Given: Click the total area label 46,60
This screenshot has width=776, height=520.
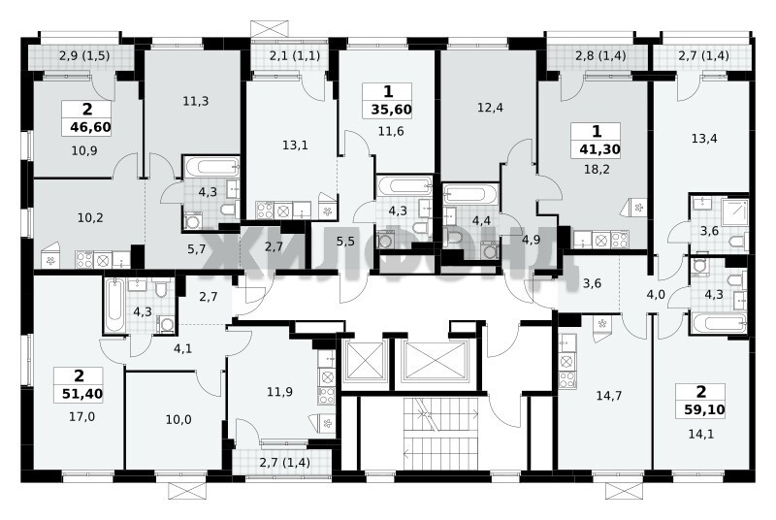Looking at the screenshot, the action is (x=90, y=127).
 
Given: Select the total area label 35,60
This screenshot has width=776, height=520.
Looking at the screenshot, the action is (x=392, y=110).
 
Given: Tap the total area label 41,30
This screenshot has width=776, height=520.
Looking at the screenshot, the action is (x=599, y=149).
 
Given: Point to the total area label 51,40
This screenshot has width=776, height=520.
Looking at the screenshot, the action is (x=82, y=394).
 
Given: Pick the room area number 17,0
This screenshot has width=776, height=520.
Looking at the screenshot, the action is (x=81, y=416).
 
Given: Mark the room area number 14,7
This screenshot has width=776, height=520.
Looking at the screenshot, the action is (x=609, y=395).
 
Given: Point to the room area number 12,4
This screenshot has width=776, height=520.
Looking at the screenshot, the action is (x=490, y=107).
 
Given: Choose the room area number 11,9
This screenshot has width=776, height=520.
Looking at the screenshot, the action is (x=279, y=392).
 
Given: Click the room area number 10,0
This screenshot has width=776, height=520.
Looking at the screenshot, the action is (x=178, y=419).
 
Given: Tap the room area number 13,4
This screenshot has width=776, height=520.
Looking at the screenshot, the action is (x=704, y=138).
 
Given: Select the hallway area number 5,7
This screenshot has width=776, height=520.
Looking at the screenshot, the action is (x=197, y=249).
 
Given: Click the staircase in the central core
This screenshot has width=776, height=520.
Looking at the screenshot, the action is (x=439, y=433).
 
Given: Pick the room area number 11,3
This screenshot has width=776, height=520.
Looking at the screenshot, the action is (x=196, y=102).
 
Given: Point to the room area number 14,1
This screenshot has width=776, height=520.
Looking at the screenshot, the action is (x=701, y=434).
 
